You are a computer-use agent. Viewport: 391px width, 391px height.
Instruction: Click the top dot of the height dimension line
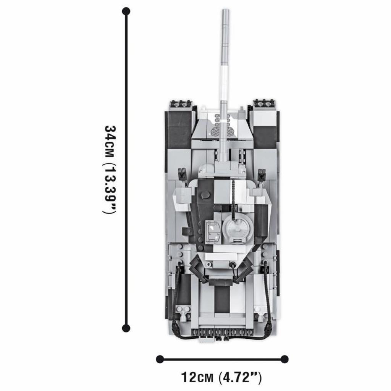click(x=126, y=11)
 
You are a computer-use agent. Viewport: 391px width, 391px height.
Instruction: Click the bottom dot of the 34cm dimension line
click(x=126, y=328)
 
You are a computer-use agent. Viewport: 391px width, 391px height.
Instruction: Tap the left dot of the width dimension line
click(x=160, y=359)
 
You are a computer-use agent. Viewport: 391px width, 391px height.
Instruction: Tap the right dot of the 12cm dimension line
click(x=284, y=359)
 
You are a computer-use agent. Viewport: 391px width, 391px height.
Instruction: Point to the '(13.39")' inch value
click(x=110, y=189)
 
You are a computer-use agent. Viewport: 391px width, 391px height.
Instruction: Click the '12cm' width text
click(x=197, y=377)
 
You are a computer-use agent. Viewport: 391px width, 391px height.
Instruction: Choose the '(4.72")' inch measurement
click(x=240, y=378)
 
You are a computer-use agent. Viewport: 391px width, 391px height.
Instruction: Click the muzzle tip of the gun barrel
click(x=225, y=10)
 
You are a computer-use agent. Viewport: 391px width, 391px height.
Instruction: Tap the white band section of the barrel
click(x=224, y=82)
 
